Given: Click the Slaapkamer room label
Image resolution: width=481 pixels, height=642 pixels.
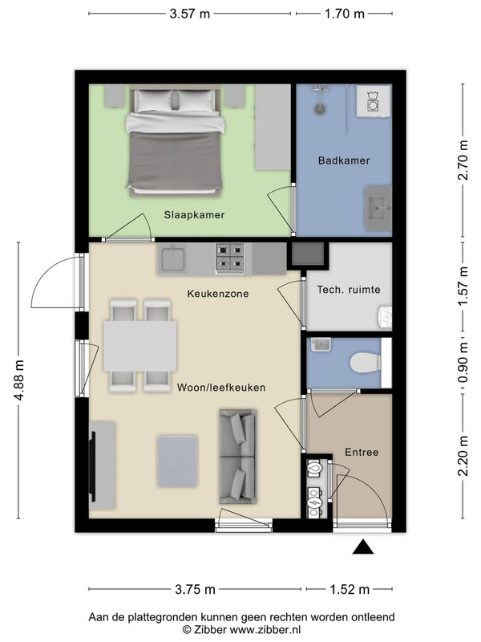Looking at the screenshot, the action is (194, 214).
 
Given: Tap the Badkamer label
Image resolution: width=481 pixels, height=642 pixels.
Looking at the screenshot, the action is (344, 160).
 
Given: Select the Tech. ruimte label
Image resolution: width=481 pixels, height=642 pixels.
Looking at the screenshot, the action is (349, 290).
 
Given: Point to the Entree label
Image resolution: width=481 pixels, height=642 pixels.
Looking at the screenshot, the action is (362, 453).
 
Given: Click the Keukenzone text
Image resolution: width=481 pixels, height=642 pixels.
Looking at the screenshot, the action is (218, 294).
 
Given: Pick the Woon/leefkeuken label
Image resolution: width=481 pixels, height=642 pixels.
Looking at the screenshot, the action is (221, 388).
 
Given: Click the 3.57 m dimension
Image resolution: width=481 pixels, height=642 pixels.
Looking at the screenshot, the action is (190, 14).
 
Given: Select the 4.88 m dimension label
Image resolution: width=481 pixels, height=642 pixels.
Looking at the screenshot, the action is (18, 380).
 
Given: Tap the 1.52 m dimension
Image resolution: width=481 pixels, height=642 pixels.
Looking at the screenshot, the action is (350, 590).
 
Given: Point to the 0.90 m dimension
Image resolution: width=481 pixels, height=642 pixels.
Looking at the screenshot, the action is (463, 363).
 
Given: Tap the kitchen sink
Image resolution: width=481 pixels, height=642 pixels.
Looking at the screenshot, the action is (173, 258).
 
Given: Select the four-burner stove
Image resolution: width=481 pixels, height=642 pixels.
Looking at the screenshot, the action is (230, 258).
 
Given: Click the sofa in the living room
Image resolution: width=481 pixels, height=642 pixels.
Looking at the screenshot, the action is (238, 456).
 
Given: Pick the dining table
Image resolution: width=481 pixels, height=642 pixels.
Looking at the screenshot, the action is (139, 346).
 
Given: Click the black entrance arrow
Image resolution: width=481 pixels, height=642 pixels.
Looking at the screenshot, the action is (363, 547).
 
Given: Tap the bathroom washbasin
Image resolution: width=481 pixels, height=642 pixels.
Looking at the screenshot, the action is (378, 208).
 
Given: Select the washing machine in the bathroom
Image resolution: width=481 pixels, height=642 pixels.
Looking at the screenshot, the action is (373, 101).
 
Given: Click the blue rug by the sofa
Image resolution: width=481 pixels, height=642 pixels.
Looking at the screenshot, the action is (177, 461).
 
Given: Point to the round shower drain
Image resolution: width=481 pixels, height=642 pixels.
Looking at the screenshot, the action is (320, 109).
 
